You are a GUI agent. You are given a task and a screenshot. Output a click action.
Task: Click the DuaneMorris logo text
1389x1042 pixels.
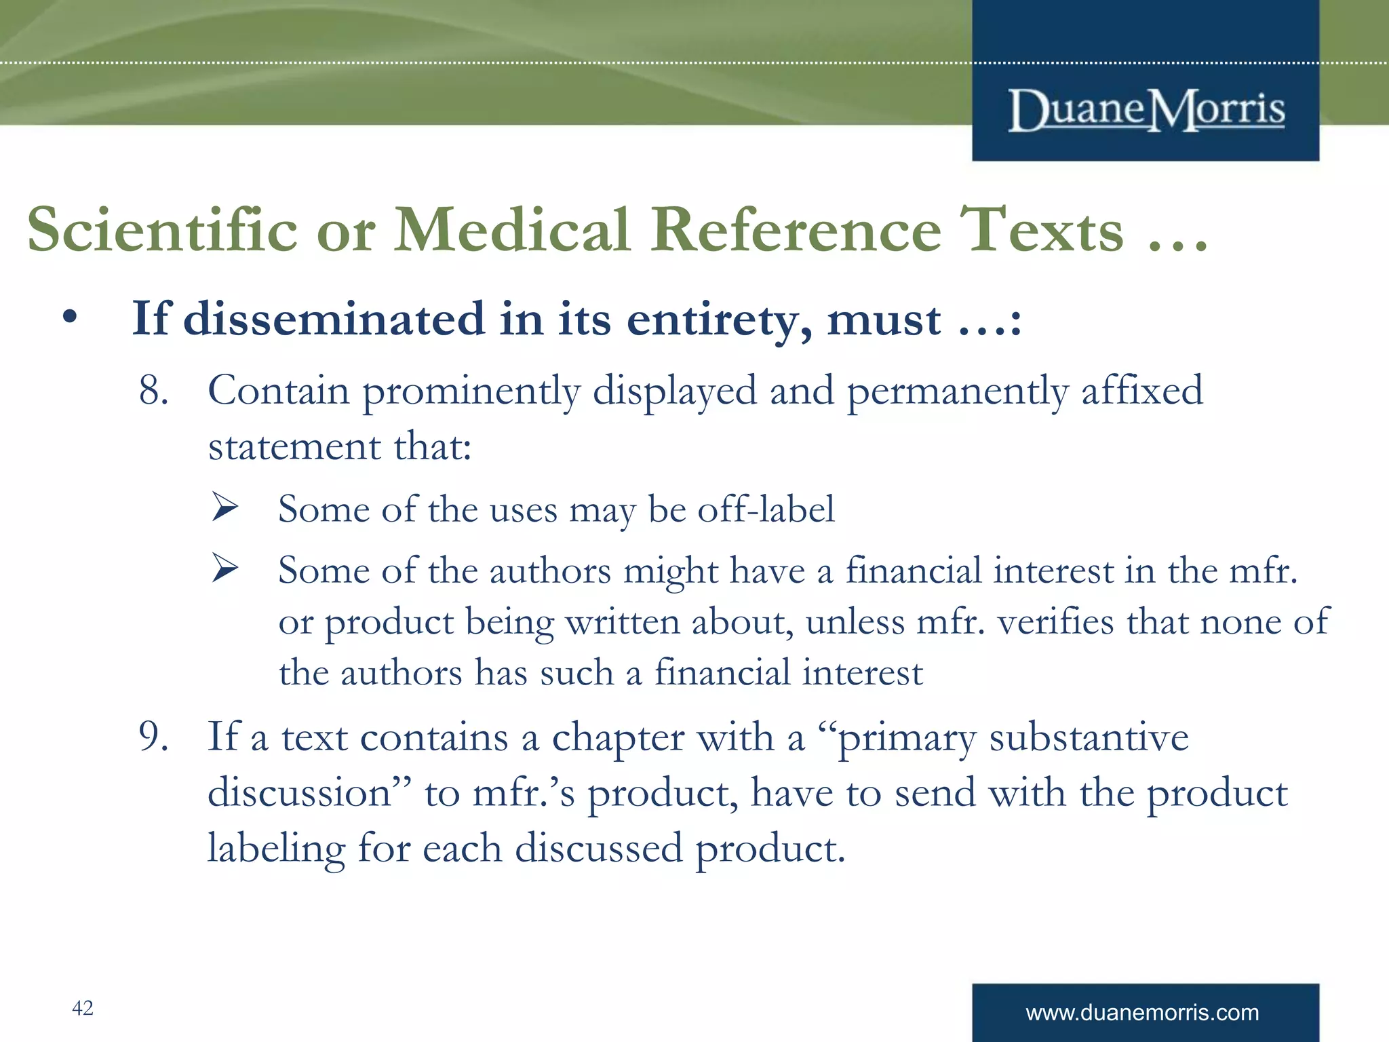point(1146,110)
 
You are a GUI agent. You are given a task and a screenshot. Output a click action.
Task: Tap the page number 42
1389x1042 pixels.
point(83,1008)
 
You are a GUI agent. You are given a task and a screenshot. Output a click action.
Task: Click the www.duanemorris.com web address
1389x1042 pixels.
point(1142,1013)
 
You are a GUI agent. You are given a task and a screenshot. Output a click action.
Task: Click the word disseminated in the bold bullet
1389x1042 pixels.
point(334,319)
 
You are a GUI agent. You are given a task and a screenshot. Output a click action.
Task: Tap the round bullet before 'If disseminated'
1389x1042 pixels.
point(69,317)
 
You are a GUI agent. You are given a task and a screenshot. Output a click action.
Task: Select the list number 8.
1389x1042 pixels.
point(153,391)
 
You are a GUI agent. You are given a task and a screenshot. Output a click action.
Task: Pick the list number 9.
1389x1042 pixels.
point(153,737)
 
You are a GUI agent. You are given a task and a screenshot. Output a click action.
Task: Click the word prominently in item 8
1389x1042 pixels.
point(471,392)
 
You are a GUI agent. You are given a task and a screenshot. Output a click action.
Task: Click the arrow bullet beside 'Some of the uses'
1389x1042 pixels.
point(224,507)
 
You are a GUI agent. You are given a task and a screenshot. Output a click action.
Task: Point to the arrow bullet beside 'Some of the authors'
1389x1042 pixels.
point(224,568)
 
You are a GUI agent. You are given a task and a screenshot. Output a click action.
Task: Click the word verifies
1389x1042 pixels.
point(1055,621)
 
